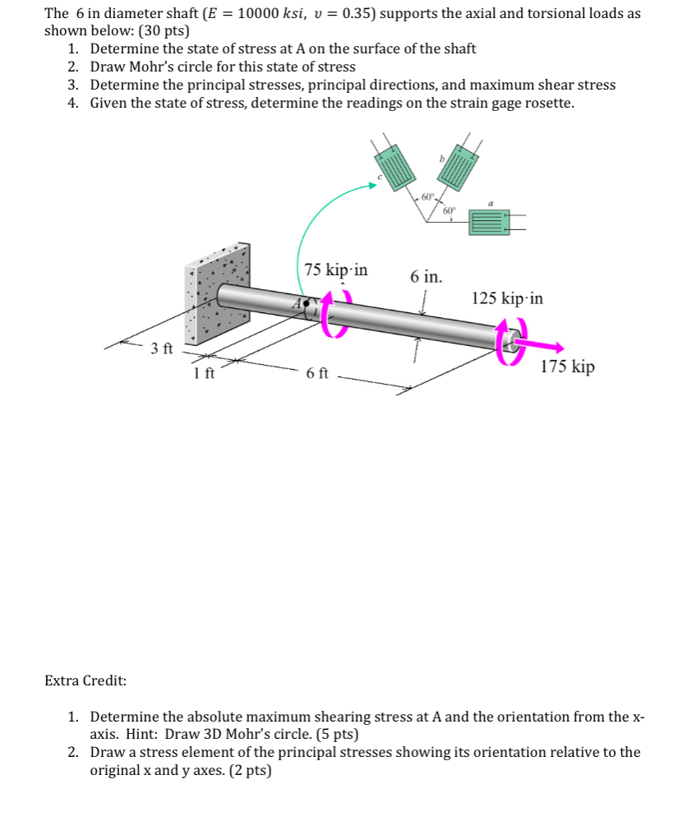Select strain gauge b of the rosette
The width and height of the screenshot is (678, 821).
(x=457, y=168)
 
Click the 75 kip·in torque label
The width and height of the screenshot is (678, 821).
(x=335, y=270)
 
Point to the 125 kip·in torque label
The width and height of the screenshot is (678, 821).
(x=507, y=298)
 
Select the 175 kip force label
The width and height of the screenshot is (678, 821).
(x=567, y=367)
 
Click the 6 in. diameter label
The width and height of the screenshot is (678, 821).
(x=426, y=277)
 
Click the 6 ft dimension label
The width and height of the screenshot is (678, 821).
(x=317, y=374)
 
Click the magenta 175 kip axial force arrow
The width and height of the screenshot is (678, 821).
(x=542, y=345)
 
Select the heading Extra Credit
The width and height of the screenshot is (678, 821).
(x=85, y=680)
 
